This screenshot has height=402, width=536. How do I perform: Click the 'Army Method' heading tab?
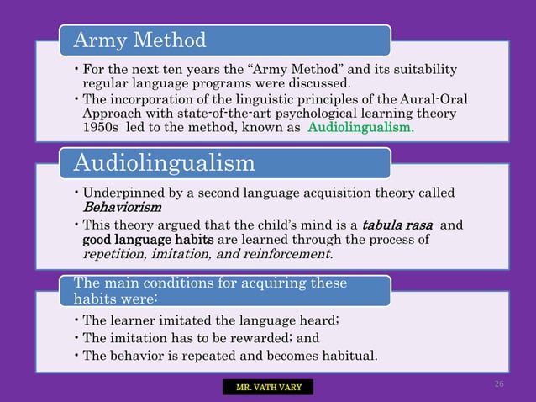[223, 39]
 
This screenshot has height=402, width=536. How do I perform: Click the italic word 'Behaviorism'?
[123, 207]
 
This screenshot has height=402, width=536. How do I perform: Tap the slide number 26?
[498, 383]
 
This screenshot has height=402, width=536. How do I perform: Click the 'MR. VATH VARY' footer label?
[267, 387]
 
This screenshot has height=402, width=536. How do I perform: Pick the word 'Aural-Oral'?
[435, 99]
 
